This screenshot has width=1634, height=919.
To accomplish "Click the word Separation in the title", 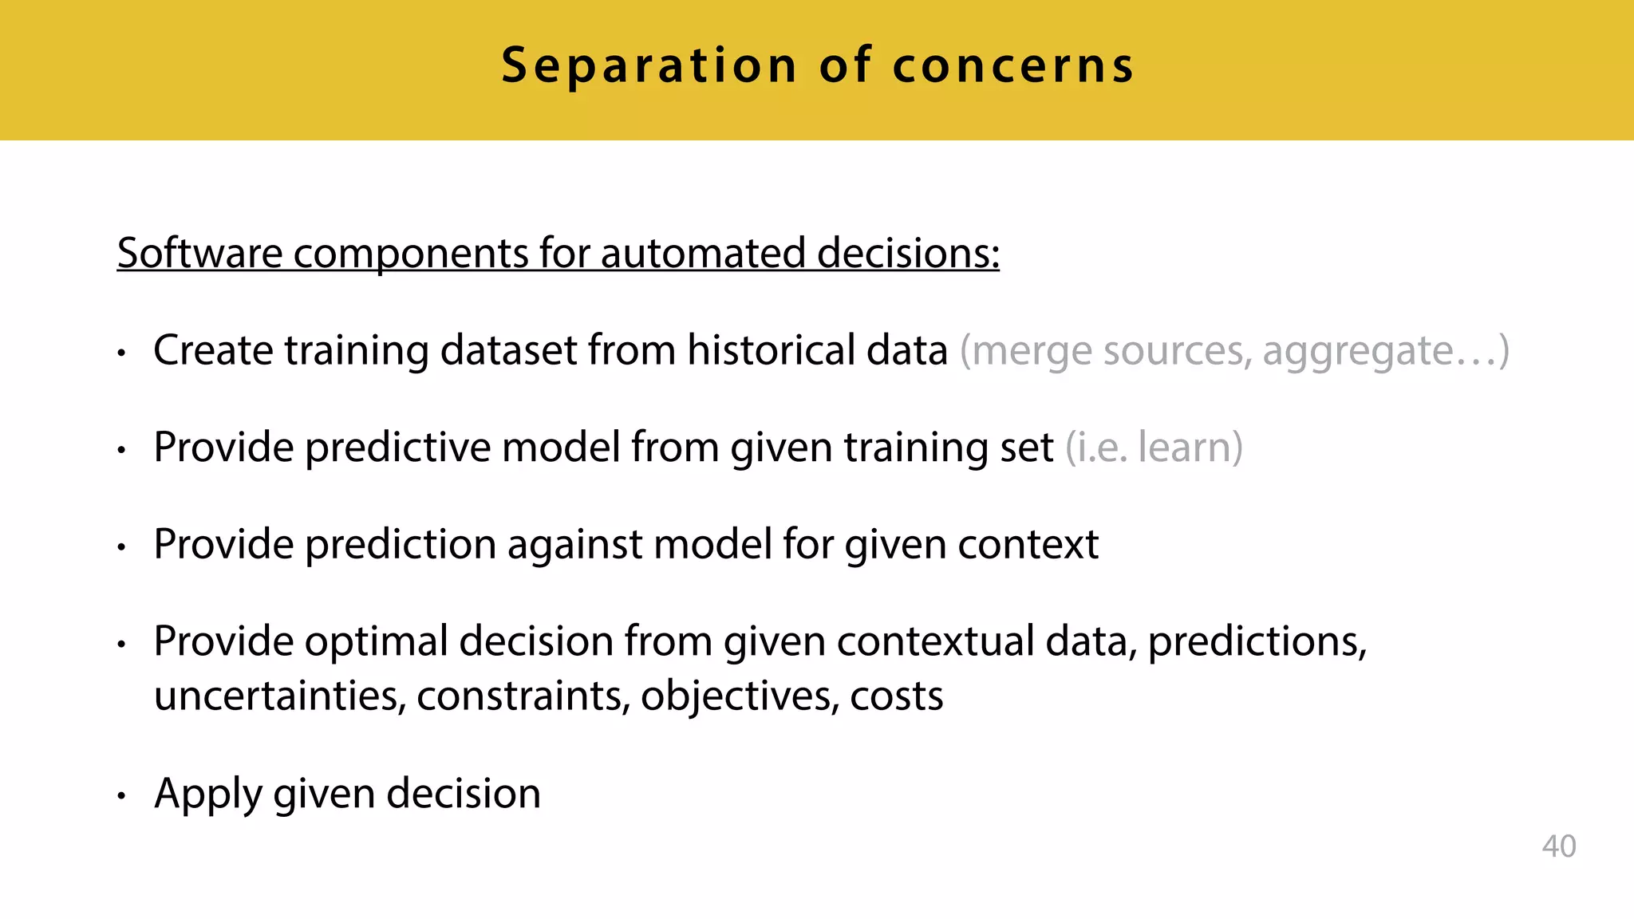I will [649, 65].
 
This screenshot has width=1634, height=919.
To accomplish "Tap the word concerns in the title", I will [1013, 65].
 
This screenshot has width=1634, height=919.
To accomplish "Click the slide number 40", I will [1558, 846].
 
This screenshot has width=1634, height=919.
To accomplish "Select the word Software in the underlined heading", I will [199, 254].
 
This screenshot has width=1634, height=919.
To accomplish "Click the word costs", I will [896, 696].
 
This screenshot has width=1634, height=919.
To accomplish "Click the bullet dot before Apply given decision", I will [121, 795].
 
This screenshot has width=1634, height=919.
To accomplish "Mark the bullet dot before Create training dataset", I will [121, 352].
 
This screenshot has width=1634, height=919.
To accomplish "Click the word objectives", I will [739, 696].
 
